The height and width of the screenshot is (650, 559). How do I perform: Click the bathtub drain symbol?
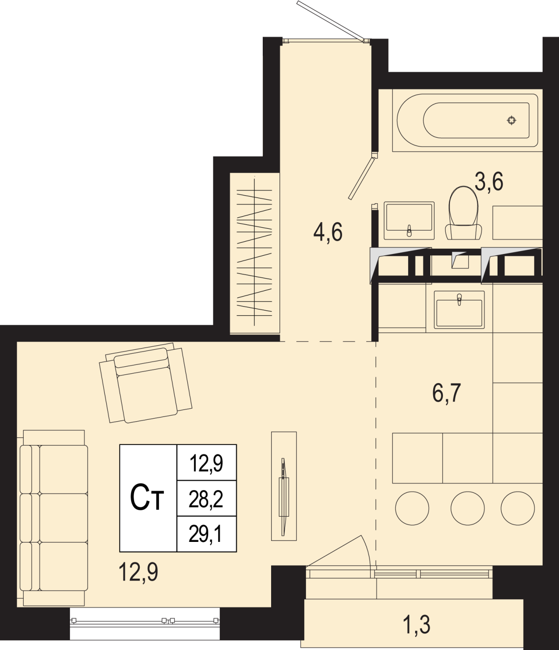coord(511,120)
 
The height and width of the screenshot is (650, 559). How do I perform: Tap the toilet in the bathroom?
coord(464,213)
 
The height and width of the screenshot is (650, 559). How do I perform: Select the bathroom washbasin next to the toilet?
coord(409,220)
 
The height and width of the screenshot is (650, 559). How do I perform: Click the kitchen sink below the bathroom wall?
coord(459,310)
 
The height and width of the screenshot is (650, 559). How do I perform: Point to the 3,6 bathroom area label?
coord(489,182)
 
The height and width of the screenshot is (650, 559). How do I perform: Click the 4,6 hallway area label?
coord(328,232)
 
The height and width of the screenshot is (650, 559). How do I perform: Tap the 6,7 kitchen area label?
coord(447,393)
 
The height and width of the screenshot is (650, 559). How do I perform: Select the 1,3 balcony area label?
coord(417,625)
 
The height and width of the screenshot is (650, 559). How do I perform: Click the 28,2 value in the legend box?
coord(206,499)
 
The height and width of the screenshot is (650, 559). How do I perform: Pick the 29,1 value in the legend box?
coord(206,534)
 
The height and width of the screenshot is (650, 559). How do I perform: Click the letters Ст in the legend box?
coord(147,498)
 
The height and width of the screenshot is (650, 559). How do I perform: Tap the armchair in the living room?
coord(145,383)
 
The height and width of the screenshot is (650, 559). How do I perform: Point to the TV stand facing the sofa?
coord(284,486)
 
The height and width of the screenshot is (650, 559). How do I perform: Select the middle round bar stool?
coord(468,508)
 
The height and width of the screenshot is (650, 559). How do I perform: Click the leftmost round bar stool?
coord(412,508)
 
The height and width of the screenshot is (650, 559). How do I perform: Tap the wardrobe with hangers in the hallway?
coord(255,253)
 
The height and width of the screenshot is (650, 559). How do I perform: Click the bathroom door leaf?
coord(361,178)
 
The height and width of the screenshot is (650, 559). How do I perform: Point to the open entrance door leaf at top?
coord(331,21)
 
